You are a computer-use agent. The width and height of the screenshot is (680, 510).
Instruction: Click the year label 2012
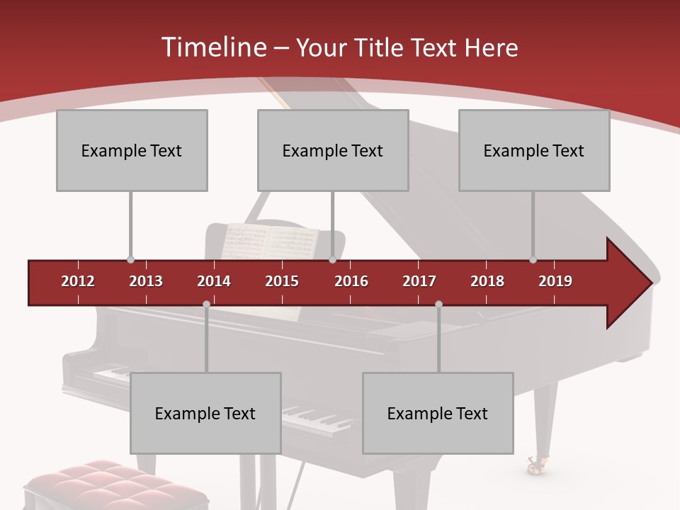pos(78,281)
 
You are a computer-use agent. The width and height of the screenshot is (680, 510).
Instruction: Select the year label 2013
pos(146,281)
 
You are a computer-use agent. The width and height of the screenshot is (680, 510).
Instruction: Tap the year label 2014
pos(214,281)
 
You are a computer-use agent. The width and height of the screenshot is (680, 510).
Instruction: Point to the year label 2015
pos(282,281)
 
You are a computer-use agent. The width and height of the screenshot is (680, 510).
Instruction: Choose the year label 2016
pos(351,281)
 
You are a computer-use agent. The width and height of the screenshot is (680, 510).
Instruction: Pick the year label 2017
pos(419,281)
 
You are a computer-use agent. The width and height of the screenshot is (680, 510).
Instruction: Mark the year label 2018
pos(487,281)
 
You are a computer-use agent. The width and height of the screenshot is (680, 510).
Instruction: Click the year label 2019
pos(555,281)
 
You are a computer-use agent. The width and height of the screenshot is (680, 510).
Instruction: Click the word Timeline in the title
pos(212,47)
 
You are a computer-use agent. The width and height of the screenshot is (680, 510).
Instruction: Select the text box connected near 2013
pos(132,150)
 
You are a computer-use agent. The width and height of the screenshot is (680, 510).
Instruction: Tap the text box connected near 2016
pos(333,150)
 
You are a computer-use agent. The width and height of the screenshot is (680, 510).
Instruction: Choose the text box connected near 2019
pos(534,150)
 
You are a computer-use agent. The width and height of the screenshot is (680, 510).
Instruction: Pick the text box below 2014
pos(205,413)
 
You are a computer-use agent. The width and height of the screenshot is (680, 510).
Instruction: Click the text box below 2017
pos(438,413)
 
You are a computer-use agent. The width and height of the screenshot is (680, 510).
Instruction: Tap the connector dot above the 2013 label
pos(130,260)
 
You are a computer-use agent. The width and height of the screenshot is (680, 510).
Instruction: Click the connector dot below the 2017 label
pos(438,305)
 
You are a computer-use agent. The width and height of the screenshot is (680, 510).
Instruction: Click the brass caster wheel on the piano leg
pos(535,465)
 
